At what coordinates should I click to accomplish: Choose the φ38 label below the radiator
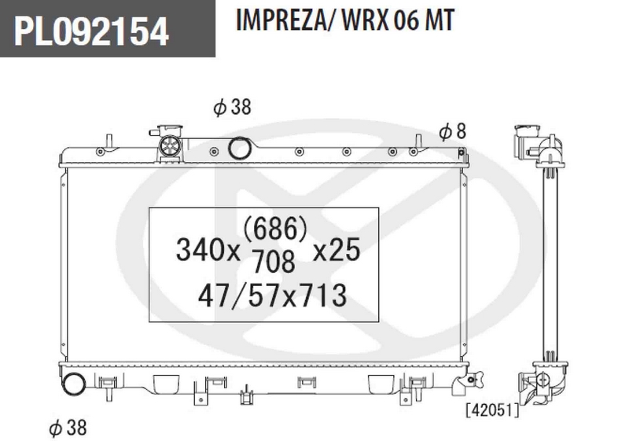pyautogui.click(x=67, y=428)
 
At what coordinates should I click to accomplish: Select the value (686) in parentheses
pyautogui.click(x=274, y=229)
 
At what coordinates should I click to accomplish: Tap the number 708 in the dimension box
pyautogui.click(x=274, y=257)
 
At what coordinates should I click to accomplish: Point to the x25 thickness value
pyautogui.click(x=336, y=251)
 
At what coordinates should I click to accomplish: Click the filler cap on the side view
pyautogui.click(x=523, y=140)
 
